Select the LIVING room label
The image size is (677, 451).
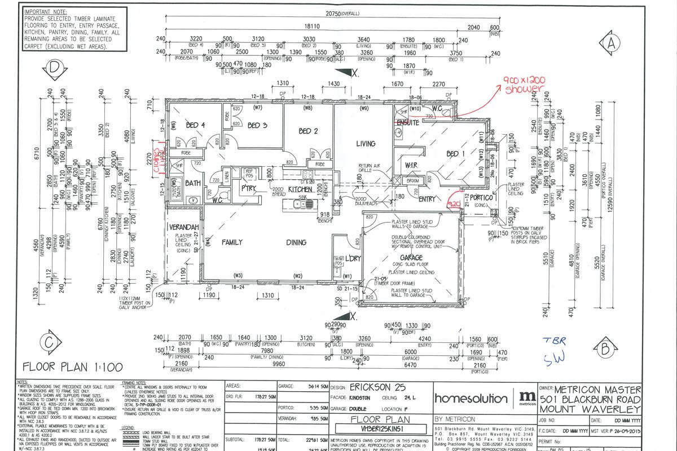coord(366,144)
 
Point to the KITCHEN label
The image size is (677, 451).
coord(301,190)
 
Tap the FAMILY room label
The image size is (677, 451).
coord(231,242)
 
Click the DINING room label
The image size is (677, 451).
coord(296,242)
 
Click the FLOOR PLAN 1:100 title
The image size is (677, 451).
coord(72,368)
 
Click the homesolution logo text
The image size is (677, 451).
coord(471,399)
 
